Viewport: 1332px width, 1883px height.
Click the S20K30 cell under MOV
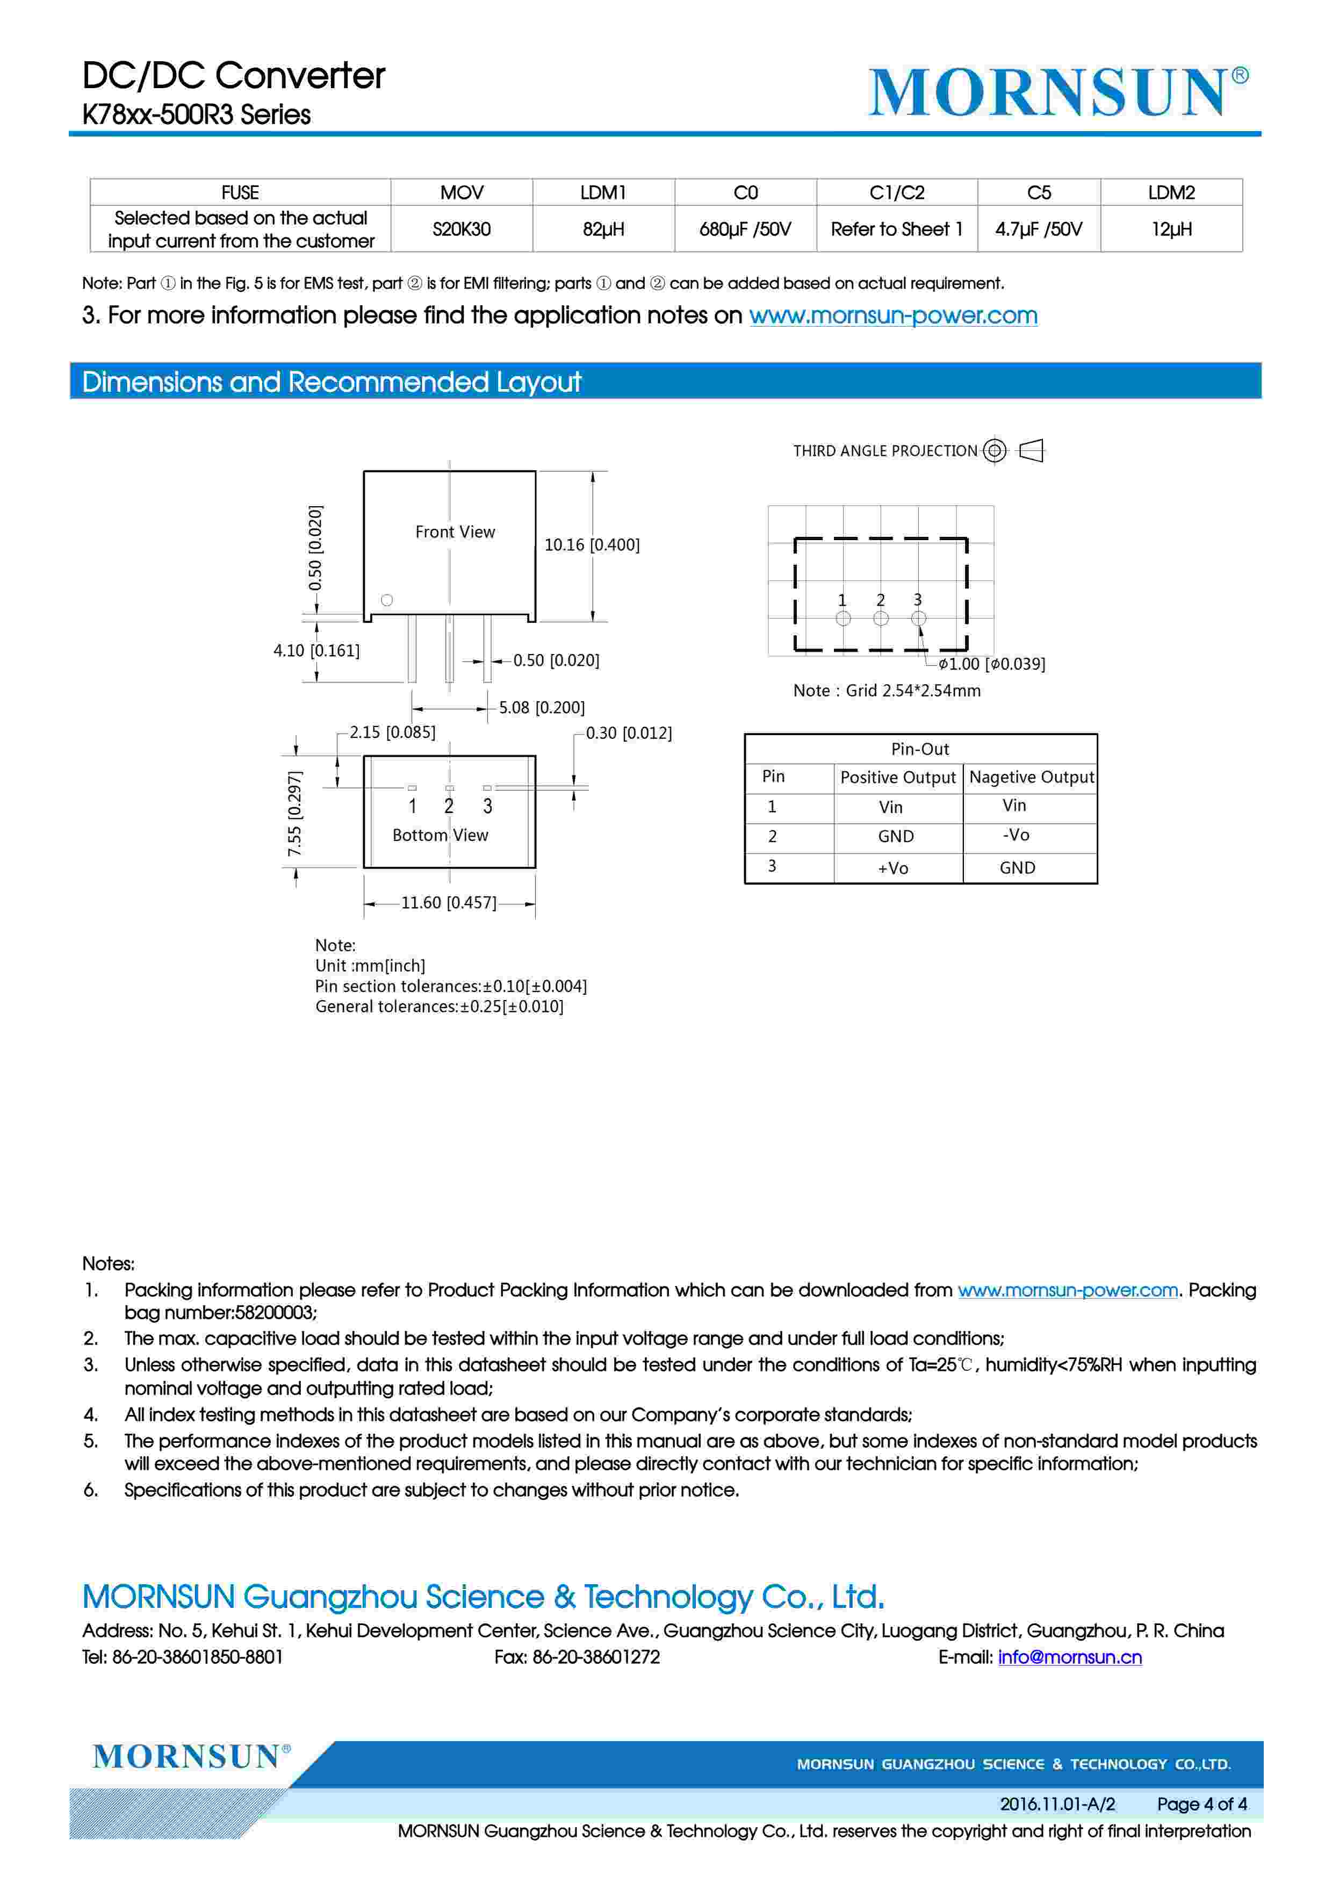pos(461,229)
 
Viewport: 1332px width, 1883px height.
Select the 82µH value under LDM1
pos(603,229)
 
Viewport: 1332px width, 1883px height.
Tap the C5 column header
pos(1039,193)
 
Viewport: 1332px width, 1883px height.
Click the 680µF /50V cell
pos(745,229)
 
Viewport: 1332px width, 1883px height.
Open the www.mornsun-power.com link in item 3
pos(892,316)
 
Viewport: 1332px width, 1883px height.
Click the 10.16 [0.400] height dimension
pos(592,544)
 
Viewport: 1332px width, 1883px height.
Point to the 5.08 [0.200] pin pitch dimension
pos(541,707)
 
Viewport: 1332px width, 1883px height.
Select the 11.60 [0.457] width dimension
pos(449,903)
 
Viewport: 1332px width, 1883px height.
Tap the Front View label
pos(455,532)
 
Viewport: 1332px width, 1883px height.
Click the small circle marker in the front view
pos(387,600)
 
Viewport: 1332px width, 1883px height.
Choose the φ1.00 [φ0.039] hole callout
pos(992,664)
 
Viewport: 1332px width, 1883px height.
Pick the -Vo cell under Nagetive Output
pos(1016,835)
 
